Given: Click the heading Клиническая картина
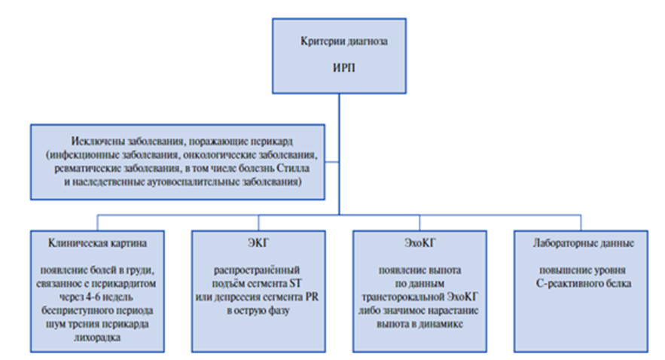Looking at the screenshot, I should (97, 243).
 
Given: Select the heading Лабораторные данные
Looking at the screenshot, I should (584, 243).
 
